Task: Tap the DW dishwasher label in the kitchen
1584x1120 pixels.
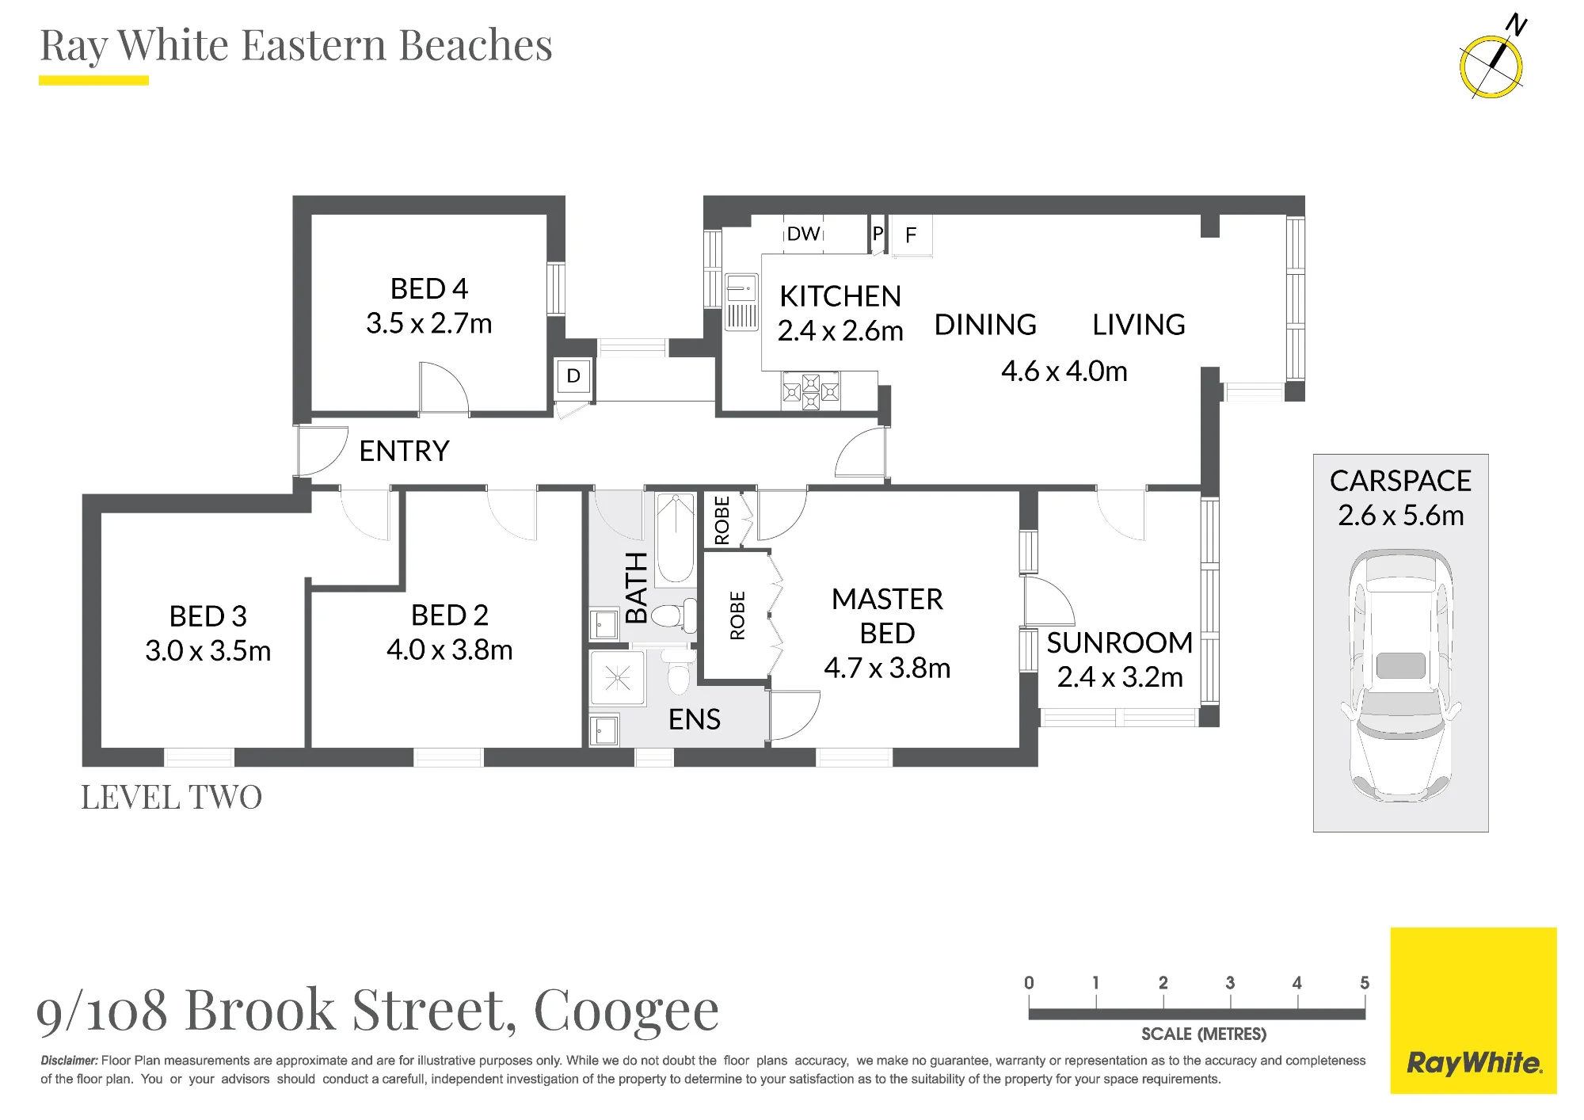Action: coord(803,234)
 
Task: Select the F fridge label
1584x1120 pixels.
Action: coord(911,234)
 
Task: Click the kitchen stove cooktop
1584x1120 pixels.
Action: coord(811,391)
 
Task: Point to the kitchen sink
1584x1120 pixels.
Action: coord(742,302)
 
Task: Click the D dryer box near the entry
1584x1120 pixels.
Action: coord(573,376)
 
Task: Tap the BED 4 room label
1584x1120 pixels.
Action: coord(429,288)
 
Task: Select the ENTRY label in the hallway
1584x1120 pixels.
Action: coord(404,451)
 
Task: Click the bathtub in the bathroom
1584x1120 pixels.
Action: coord(676,539)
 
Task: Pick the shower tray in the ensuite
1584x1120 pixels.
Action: coord(617,678)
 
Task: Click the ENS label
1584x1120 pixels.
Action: coord(695,719)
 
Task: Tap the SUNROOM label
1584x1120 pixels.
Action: coord(1120,642)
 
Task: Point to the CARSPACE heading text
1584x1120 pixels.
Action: coord(1400,481)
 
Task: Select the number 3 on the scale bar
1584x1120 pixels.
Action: coord(1230,983)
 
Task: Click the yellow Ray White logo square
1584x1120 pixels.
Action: coord(1473,1011)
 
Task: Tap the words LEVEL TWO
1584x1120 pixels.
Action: coord(171,798)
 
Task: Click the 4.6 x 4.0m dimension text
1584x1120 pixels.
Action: coord(1064,371)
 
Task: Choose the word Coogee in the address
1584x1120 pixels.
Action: coord(626,1012)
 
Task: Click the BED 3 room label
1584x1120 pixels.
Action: coord(208,616)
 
